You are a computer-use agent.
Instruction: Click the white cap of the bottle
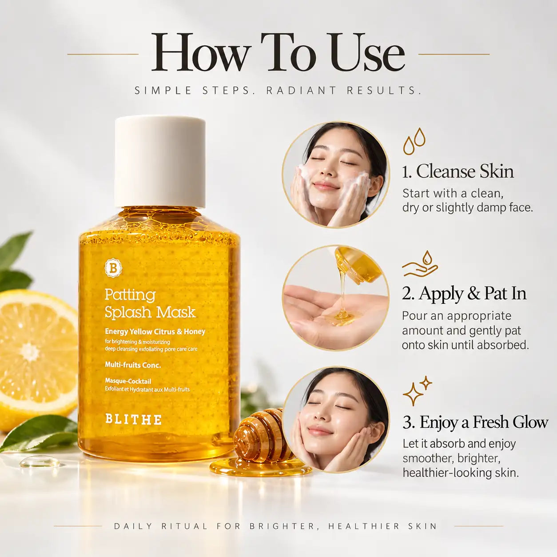160,161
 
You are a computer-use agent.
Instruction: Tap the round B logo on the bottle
113,268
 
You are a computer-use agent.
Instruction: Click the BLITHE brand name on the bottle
133,419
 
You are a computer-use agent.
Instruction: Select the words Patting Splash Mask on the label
150,303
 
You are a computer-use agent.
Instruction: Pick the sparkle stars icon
417,390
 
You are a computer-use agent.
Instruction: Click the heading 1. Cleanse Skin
458,171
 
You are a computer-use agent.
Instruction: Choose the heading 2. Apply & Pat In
464,294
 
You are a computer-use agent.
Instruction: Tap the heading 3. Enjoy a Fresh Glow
475,422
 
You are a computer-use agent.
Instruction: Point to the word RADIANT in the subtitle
301,91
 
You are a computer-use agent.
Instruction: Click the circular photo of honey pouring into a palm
335,298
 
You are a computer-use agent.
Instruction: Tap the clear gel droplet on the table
40,462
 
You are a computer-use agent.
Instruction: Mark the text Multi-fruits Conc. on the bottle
133,365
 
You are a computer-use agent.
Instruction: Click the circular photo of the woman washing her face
335,175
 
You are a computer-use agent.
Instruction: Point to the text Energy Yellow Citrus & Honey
155,331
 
